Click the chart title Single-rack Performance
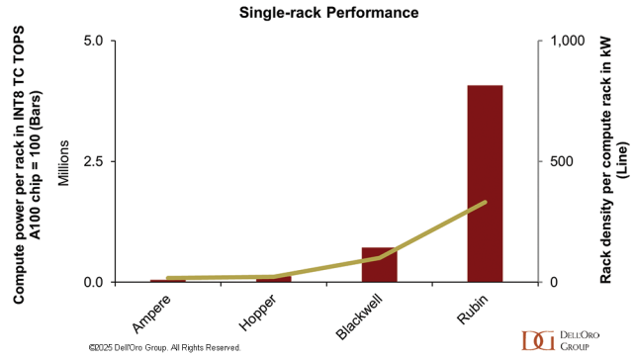click(x=328, y=13)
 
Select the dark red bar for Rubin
click(x=485, y=184)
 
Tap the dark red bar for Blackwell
click(x=380, y=265)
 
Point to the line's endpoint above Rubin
click(x=485, y=202)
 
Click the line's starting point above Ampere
click(x=168, y=278)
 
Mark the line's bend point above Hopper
click(x=274, y=277)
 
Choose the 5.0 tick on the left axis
click(x=93, y=41)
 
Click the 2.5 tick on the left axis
click(x=93, y=161)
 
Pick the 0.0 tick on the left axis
click(x=93, y=282)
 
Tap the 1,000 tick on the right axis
click(x=568, y=41)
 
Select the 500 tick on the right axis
click(x=562, y=161)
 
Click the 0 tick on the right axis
click(x=554, y=282)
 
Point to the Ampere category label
click(x=151, y=314)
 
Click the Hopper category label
click(x=257, y=313)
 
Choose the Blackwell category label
click(x=358, y=316)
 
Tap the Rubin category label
click(x=473, y=309)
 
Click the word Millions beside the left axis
click(x=63, y=163)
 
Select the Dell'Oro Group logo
click(x=561, y=340)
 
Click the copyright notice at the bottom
click(x=165, y=347)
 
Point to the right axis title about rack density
click(x=613, y=160)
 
